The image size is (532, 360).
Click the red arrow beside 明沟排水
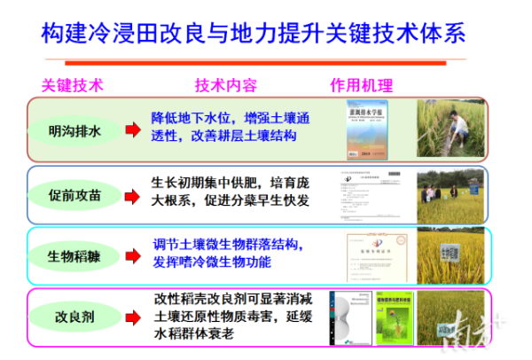[x=133, y=131]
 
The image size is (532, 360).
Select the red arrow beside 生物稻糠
[x=133, y=255]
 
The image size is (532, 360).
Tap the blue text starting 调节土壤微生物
[x=229, y=254]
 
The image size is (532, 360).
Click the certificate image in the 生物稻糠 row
[x=373, y=256]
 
